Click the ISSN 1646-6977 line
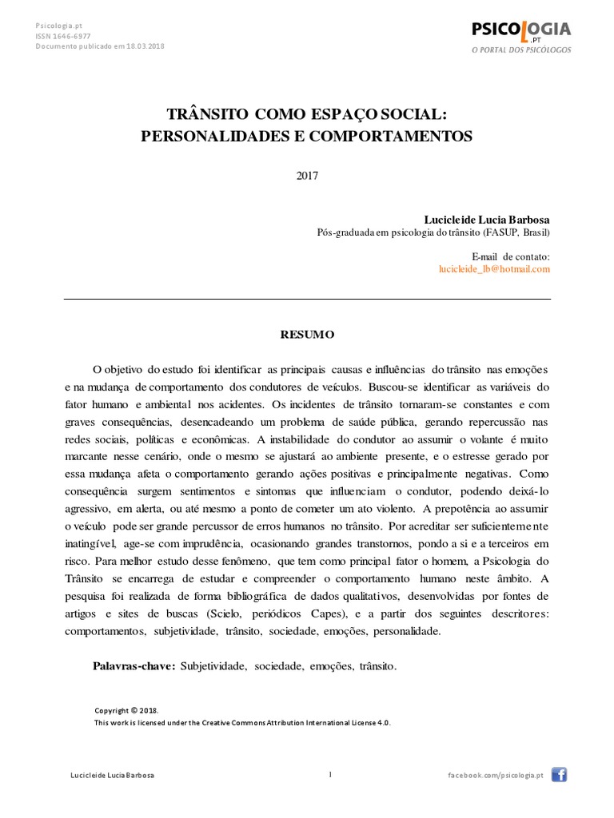click(62, 36)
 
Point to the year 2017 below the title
click(307, 177)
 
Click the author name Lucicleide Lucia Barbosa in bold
click(487, 220)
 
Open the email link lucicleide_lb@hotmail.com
click(495, 269)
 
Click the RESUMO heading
click(307, 335)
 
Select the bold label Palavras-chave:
click(134, 665)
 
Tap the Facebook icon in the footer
click(559, 774)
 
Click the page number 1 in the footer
click(329, 773)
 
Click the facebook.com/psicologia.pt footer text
click(496, 775)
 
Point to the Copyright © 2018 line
click(127, 710)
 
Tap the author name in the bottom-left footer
click(113, 775)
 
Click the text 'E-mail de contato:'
click(511, 256)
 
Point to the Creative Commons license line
click(242, 722)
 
